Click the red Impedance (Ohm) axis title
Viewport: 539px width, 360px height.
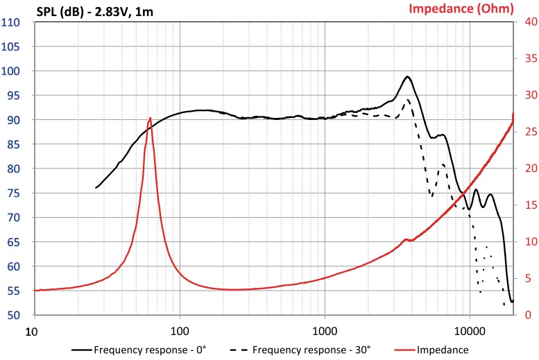click(x=461, y=9)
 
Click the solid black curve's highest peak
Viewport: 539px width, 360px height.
click(x=408, y=76)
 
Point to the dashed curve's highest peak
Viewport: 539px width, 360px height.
click(x=407, y=100)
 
